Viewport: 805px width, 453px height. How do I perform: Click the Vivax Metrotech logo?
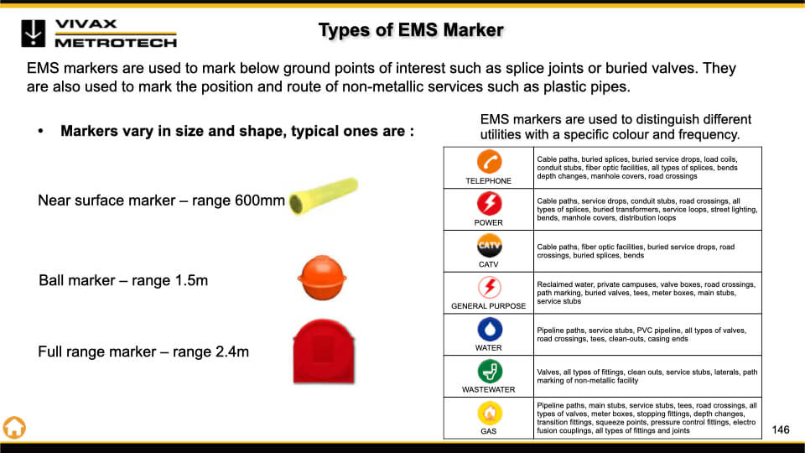(99, 34)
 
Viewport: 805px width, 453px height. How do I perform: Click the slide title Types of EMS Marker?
(411, 30)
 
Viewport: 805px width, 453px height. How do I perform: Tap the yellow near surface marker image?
(324, 195)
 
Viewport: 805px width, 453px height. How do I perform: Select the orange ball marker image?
(322, 278)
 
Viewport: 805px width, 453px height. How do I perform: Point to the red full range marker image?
(324, 351)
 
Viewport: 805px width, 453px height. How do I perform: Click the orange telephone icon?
(489, 162)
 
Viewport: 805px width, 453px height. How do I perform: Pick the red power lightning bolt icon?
(489, 203)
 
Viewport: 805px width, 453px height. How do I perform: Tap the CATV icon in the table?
(489, 246)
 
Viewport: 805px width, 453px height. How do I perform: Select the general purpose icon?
(489, 287)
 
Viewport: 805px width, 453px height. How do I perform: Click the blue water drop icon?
(489, 329)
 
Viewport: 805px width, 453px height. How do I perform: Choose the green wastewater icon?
(489, 371)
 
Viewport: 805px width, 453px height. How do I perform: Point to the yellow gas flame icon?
(489, 413)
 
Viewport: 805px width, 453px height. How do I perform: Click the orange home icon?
(14, 427)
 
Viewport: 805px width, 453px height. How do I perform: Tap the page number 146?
(781, 430)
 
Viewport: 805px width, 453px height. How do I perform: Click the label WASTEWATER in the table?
(488, 390)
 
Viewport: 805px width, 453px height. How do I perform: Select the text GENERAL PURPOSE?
(488, 306)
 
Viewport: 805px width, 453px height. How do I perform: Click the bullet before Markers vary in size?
(40, 132)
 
